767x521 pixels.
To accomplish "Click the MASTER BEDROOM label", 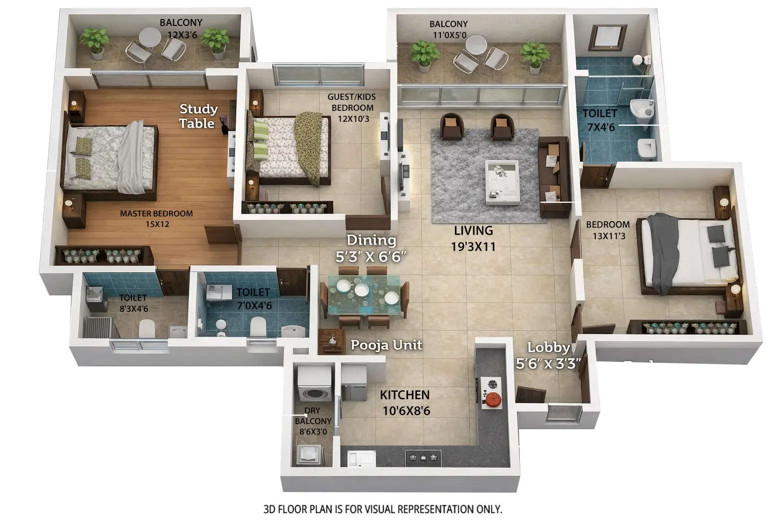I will pyautogui.click(x=156, y=219).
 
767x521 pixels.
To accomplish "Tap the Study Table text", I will pyautogui.click(x=198, y=116).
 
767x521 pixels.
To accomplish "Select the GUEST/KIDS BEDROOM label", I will pyautogui.click(x=353, y=107).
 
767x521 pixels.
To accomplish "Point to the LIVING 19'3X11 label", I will pyautogui.click(x=473, y=238).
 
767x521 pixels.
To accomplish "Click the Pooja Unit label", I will pyautogui.click(x=386, y=345).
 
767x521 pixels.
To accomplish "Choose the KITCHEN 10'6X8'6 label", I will pyautogui.click(x=405, y=403).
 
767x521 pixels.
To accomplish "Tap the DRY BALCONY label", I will pyautogui.click(x=313, y=421).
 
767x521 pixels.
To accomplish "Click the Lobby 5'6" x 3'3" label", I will pyautogui.click(x=548, y=355).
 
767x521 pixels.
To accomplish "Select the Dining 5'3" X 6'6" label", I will pyautogui.click(x=371, y=248).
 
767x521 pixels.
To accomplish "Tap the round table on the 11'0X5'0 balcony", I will pyautogui.click(x=476, y=44).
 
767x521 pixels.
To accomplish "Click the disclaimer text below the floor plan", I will pyautogui.click(x=383, y=509).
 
